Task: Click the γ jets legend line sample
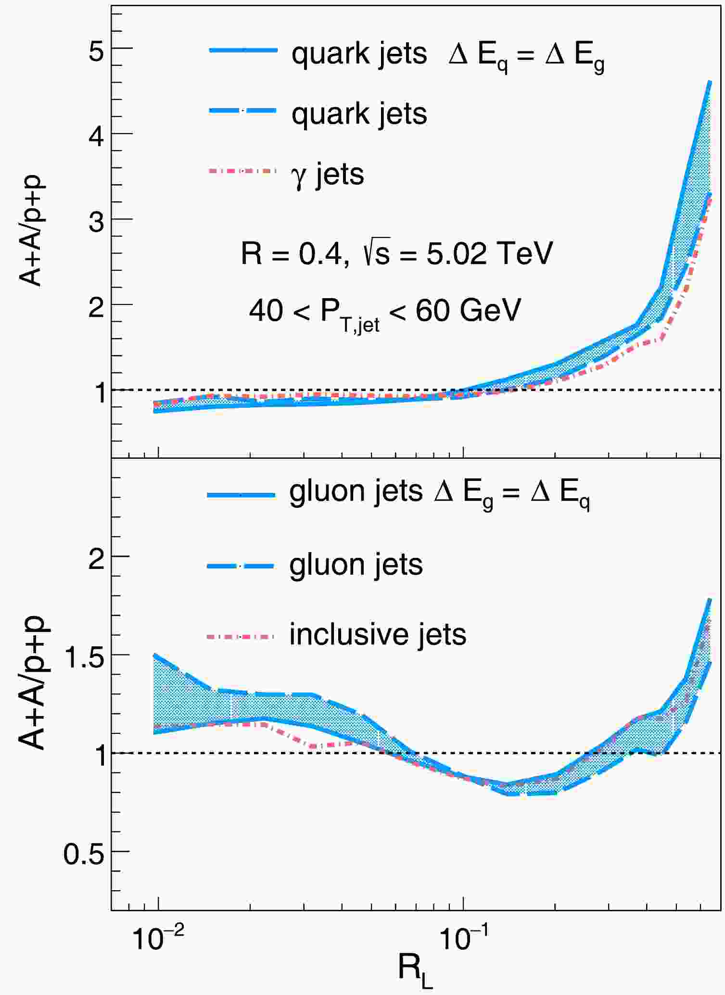click(243, 171)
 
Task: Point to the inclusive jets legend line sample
click(241, 636)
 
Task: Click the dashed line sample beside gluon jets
click(241, 566)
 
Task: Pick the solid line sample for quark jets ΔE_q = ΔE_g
click(243, 50)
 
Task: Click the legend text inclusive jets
click(378, 635)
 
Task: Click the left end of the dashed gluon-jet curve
click(154, 655)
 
